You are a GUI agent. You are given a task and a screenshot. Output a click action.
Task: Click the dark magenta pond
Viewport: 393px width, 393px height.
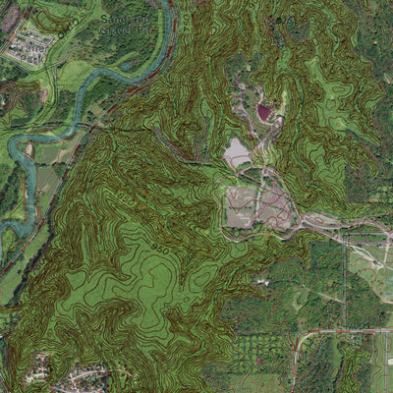(263, 112)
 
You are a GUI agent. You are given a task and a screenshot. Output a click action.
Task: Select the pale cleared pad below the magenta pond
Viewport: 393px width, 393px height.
(237, 152)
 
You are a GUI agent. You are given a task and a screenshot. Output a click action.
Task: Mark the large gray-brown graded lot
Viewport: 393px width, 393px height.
(257, 206)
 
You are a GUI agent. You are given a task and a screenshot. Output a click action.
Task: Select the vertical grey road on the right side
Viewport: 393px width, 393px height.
(346, 295)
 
